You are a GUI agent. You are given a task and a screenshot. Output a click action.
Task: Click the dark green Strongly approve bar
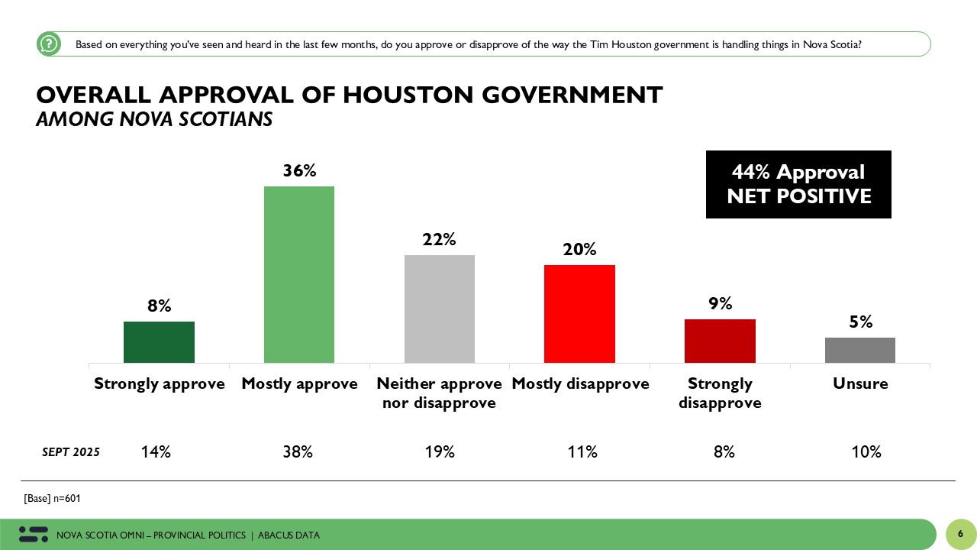tap(159, 342)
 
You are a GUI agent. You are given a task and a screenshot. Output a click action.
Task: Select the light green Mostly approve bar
tap(299, 274)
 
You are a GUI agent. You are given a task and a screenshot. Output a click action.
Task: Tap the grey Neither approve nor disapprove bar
tap(439, 309)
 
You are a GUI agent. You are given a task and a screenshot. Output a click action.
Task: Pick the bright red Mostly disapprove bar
tap(579, 314)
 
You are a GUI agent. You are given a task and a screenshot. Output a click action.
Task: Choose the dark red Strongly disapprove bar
tap(720, 341)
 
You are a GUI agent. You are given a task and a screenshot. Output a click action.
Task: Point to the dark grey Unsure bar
tap(860, 350)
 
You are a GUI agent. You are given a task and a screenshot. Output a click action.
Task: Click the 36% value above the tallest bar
tap(299, 170)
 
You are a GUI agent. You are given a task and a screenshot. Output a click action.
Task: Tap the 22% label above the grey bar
tap(439, 239)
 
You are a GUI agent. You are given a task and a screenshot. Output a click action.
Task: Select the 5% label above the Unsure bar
tap(860, 322)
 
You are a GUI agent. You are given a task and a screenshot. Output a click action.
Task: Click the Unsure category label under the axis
tap(860, 383)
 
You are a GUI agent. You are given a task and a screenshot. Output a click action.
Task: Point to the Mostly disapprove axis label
tap(580, 383)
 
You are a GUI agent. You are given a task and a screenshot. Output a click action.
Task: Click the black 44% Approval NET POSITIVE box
tap(798, 184)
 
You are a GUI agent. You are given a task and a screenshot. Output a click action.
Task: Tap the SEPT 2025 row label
tap(71, 452)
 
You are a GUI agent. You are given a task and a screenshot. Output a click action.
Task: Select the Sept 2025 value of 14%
tap(156, 452)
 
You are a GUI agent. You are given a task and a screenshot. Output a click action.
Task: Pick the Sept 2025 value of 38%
tap(298, 452)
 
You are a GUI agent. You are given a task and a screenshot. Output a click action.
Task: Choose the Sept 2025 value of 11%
tap(582, 452)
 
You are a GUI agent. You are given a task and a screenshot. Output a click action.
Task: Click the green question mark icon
tap(49, 44)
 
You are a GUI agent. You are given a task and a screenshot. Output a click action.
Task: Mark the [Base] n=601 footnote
tap(52, 499)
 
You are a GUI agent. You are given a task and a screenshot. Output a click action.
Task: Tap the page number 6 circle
tap(960, 534)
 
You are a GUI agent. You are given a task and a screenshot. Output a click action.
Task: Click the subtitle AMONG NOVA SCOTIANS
tap(154, 120)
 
